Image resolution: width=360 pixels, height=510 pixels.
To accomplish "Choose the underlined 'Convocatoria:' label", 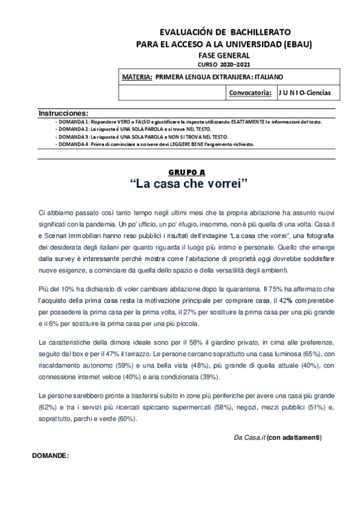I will [x=250, y=93].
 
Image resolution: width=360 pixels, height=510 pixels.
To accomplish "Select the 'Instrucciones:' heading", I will [x=64, y=113].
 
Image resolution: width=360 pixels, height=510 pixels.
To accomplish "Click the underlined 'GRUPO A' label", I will [x=188, y=172].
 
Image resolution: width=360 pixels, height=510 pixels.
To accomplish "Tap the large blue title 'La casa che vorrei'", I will [x=189, y=183].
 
